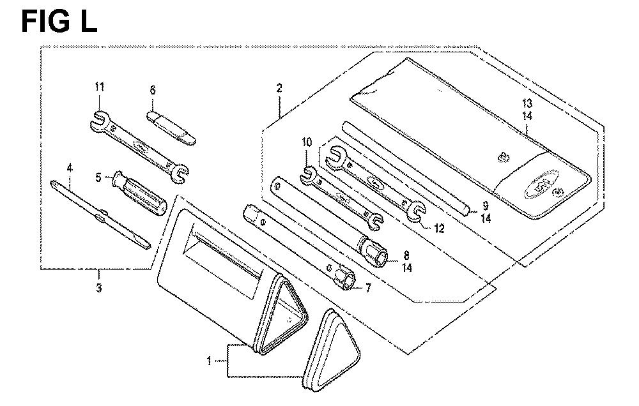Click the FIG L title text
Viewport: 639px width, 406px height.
click(59, 22)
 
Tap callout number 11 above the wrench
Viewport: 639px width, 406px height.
click(100, 87)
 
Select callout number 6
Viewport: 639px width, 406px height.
click(153, 90)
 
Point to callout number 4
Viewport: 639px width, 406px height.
click(70, 167)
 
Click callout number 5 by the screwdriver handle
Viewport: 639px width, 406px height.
click(98, 178)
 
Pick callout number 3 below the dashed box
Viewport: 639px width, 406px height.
click(98, 288)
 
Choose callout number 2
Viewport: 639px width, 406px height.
click(279, 88)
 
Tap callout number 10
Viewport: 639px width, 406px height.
click(307, 142)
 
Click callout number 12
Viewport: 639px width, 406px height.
click(438, 229)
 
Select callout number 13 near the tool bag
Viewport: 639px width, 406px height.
click(527, 103)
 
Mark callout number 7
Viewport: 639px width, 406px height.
click(368, 289)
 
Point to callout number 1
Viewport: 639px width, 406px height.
click(209, 361)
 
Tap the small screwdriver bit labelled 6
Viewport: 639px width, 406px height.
click(171, 128)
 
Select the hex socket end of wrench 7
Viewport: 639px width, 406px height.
click(345, 277)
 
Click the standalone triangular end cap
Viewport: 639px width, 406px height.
click(331, 351)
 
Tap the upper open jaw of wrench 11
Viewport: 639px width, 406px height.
click(100, 121)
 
